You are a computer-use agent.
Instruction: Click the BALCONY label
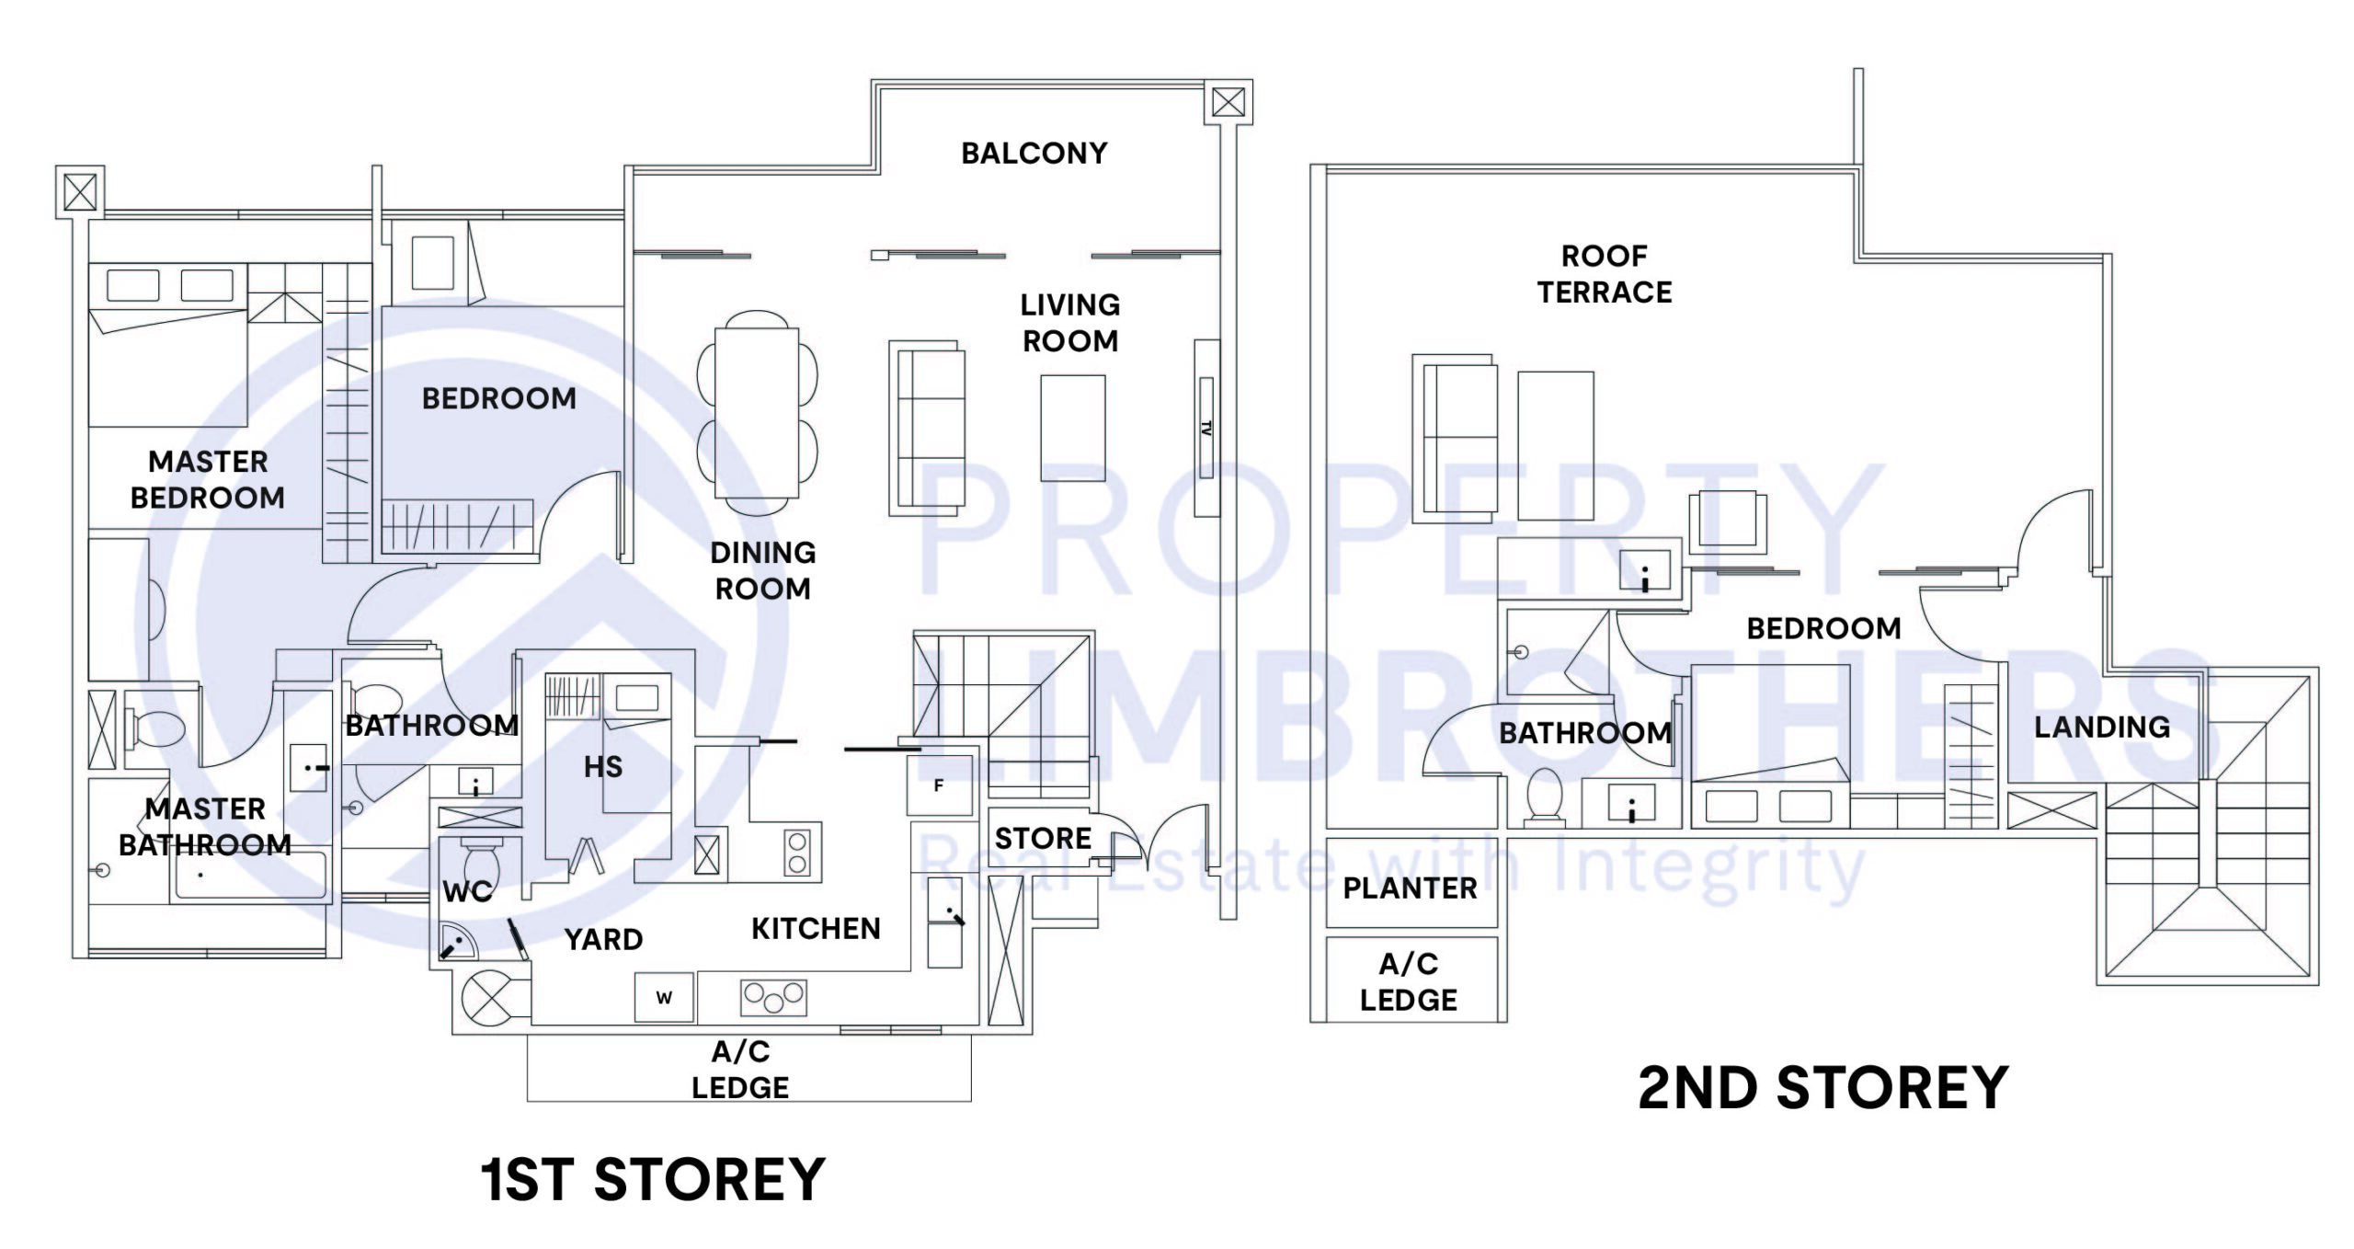[x=1034, y=153]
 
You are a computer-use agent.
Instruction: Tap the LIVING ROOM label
[x=1070, y=323]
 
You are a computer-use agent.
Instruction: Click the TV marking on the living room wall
[x=1206, y=428]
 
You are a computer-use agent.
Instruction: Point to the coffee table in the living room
[x=1072, y=428]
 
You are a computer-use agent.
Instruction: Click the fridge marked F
[x=939, y=785]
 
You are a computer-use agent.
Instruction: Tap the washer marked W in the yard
[x=664, y=997]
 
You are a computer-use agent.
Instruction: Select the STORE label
[x=1043, y=838]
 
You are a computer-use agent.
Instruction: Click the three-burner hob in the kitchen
[x=773, y=997]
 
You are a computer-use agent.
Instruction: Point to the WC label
[x=467, y=891]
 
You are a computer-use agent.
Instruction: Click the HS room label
[x=603, y=766]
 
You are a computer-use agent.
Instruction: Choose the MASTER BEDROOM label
[x=208, y=479]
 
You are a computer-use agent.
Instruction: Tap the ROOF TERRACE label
[x=1605, y=274]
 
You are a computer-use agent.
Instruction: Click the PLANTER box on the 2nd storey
[x=1411, y=888]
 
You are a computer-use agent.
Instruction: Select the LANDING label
[x=2102, y=727]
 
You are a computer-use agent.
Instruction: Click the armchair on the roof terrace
[x=1728, y=521]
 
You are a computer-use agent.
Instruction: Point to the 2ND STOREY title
[x=1823, y=1088]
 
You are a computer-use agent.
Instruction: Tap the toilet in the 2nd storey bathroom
[x=1544, y=795]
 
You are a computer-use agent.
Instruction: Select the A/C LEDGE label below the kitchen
[x=740, y=1070]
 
